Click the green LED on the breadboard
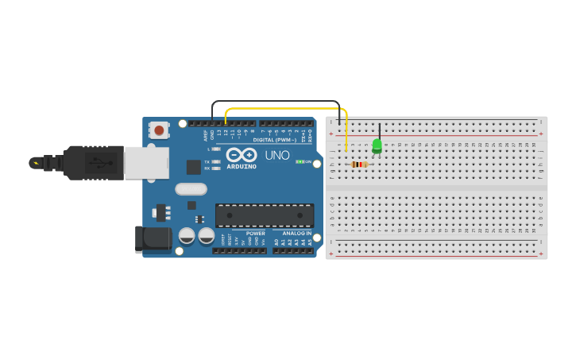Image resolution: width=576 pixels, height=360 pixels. tap(377, 145)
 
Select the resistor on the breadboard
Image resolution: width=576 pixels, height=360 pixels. tap(359, 165)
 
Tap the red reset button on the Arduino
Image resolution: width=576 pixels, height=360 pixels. tap(159, 130)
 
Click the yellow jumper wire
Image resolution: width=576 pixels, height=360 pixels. tap(286, 108)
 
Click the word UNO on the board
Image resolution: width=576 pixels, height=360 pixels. tap(276, 155)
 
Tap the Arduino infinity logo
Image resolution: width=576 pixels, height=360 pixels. tap(242, 154)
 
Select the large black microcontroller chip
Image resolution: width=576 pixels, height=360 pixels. tap(265, 215)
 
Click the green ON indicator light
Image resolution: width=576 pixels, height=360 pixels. tap(300, 161)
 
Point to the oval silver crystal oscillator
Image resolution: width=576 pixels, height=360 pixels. tap(191, 189)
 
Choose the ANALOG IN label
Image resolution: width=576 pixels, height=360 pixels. tap(296, 233)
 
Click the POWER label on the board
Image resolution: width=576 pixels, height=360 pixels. tap(255, 233)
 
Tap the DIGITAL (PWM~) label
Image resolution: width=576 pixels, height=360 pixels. tap(274, 140)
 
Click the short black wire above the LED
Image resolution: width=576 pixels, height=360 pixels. tap(380, 130)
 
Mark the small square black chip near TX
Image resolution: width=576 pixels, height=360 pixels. tap(193, 166)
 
